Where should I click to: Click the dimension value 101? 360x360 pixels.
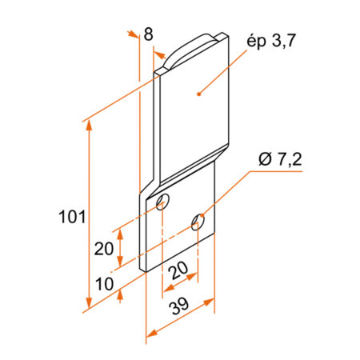[72, 217]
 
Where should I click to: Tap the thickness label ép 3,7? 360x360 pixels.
[271, 42]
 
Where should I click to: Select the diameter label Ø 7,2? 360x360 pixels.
[280, 160]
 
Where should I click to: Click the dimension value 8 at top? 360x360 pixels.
[149, 34]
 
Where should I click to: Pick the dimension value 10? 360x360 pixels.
[105, 284]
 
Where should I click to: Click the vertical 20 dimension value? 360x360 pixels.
[104, 249]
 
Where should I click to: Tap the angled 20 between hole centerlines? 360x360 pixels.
[178, 270]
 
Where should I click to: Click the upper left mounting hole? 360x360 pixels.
[162, 202]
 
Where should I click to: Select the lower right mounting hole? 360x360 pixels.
[198, 222]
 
